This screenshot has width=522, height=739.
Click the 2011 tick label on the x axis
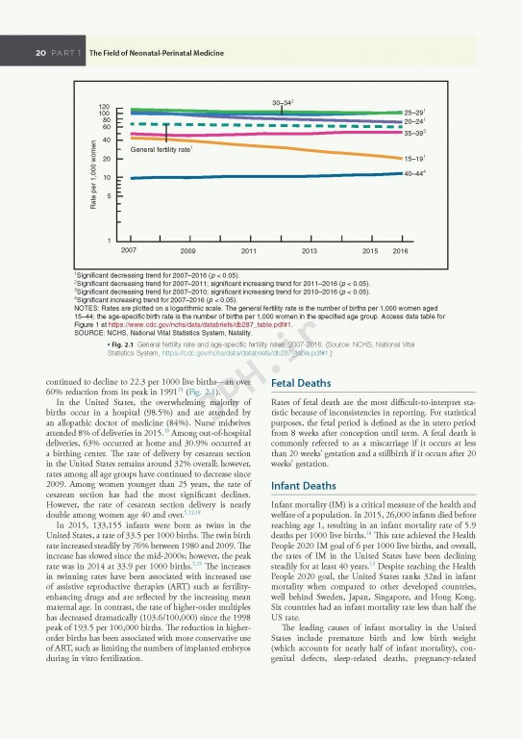(x=248, y=249)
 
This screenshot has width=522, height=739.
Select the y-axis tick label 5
(x=108, y=196)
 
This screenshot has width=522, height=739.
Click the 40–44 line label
(x=416, y=173)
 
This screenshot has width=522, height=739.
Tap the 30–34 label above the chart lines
(x=283, y=102)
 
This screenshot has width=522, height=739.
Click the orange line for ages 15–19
(x=288, y=145)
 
